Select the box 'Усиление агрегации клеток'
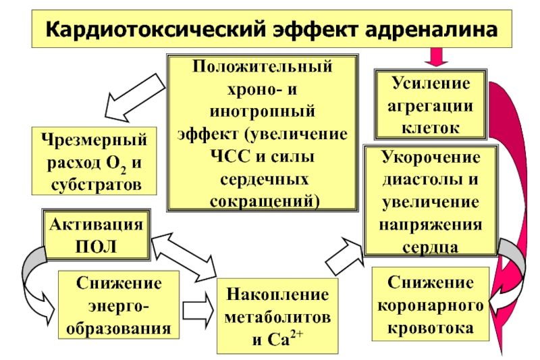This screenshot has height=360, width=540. (428, 104)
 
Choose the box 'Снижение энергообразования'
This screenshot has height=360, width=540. (119, 305)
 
